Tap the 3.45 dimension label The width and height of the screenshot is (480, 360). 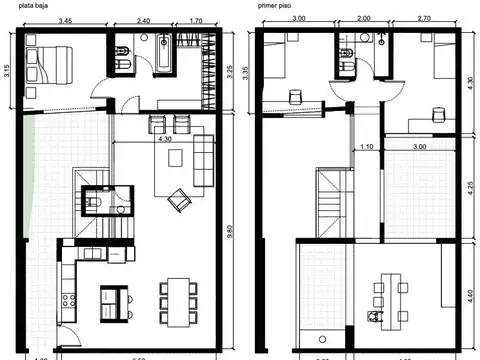68,20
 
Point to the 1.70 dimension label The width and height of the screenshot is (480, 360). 195,20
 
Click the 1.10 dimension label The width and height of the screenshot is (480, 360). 367,147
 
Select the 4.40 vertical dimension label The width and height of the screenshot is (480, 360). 470,295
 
